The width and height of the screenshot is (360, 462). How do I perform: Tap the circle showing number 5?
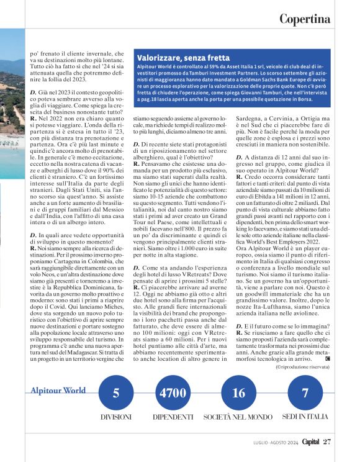116,392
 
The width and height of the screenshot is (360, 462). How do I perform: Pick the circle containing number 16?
238,392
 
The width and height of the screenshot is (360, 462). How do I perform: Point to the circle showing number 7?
305,392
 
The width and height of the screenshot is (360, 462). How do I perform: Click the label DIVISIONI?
116,417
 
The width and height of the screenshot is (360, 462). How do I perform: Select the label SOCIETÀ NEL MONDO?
238,417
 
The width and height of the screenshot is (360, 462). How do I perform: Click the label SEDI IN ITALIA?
305,417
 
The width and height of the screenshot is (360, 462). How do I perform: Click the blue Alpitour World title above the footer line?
59,391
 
